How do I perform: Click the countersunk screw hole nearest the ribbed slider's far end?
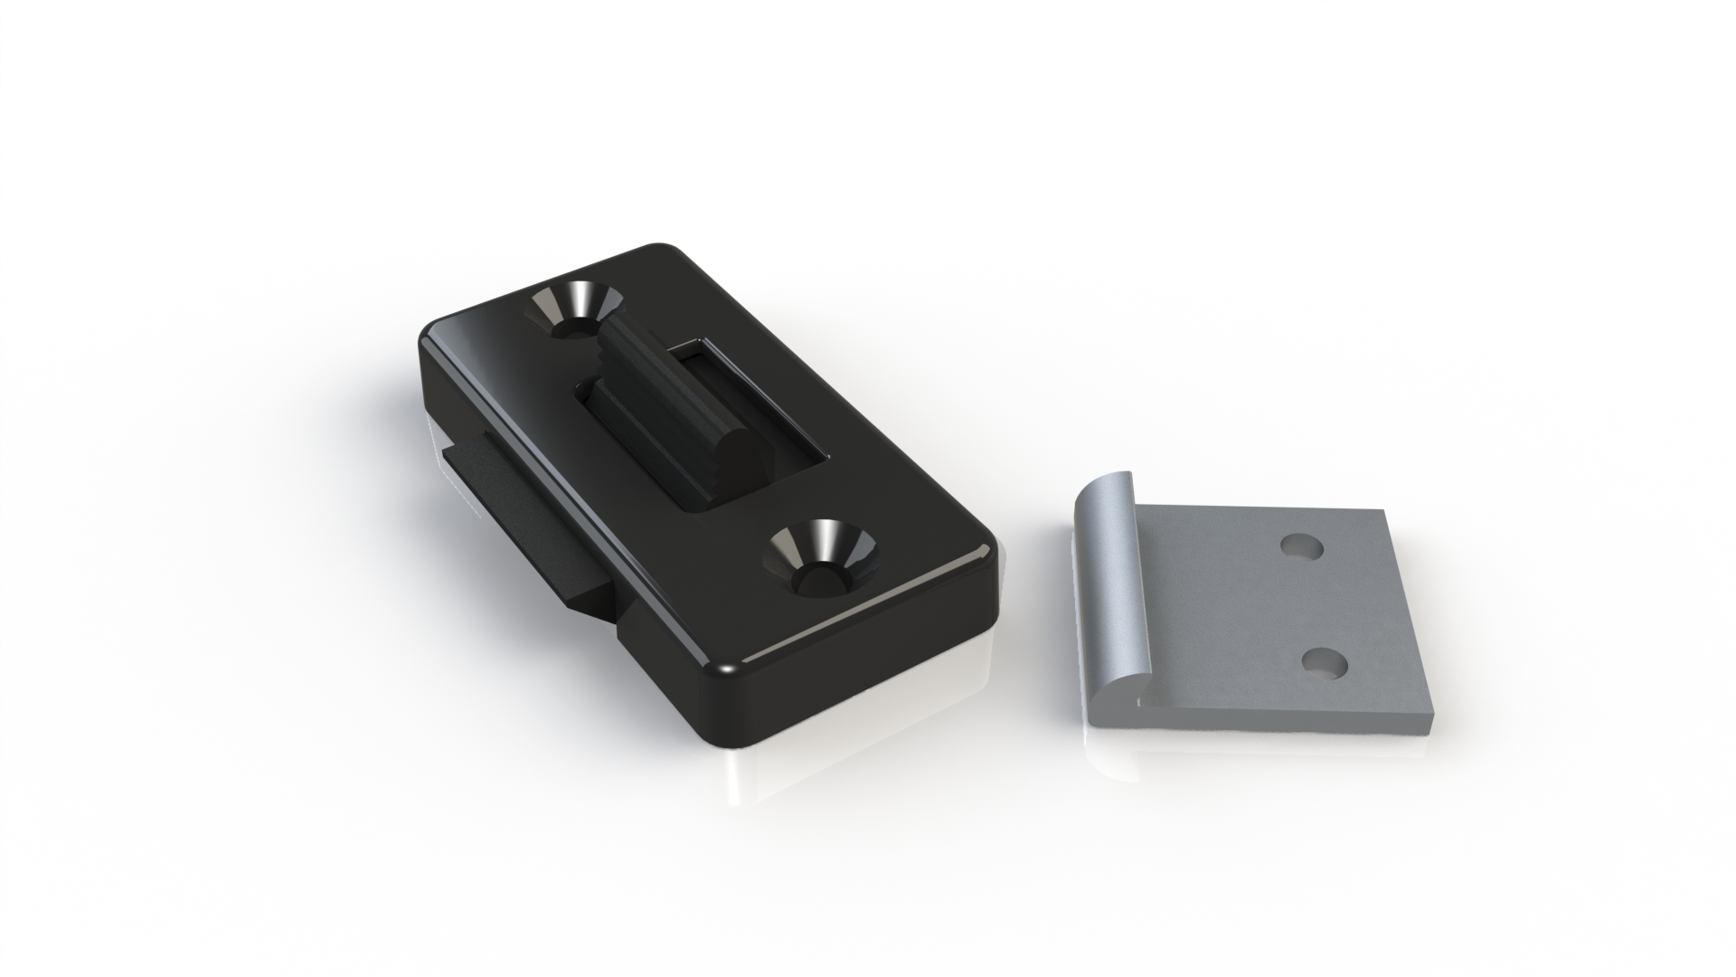(572, 313)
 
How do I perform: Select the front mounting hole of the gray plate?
(1325, 664)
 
